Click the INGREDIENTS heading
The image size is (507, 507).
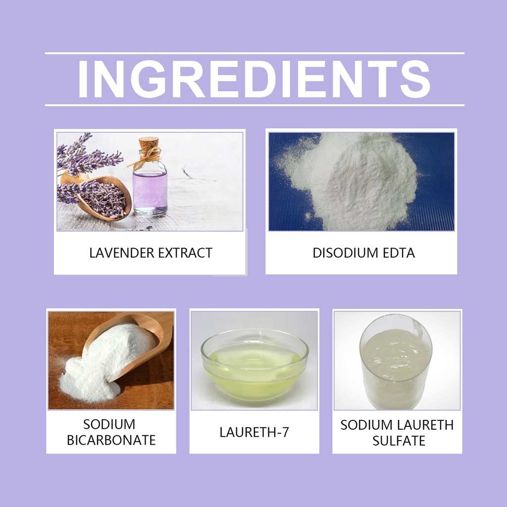254,79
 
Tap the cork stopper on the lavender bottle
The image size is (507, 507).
149,144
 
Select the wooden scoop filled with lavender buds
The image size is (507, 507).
97,197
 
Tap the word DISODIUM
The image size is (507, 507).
345,253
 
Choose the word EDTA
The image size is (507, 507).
399,253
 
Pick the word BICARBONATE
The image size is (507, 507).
111,440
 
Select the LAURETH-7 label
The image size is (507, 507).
254,432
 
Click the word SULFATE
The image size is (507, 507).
399,441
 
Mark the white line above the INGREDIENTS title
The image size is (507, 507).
254,53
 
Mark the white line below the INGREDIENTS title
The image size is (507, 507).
254,105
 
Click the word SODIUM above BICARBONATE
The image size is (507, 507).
109,424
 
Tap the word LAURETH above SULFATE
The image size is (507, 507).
425,425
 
